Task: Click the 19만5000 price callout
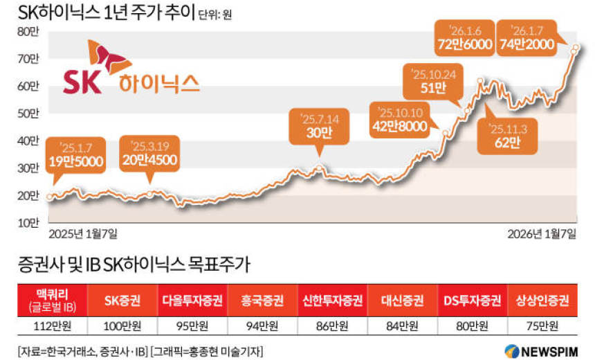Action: point(77,156)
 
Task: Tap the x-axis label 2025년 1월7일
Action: point(83,234)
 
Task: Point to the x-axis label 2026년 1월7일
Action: point(540,234)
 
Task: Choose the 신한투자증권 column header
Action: point(332,300)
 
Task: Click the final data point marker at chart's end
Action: point(574,48)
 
